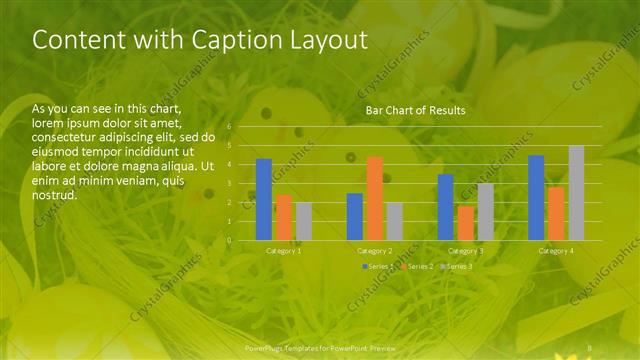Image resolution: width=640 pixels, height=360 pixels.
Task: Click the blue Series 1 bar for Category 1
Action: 264,200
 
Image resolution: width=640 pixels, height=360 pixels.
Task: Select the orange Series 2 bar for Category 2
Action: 375,198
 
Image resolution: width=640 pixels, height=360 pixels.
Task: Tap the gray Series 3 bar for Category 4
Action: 576,193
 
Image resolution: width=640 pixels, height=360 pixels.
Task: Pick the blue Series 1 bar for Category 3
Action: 445,207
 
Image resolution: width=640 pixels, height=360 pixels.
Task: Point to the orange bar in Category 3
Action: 466,223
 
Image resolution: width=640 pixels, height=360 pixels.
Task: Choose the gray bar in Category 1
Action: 304,221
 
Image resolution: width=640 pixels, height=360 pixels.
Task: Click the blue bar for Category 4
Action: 536,198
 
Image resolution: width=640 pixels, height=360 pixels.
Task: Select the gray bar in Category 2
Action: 395,221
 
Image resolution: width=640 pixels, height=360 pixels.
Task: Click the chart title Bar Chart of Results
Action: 415,110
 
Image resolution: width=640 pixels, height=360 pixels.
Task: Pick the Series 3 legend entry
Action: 456,267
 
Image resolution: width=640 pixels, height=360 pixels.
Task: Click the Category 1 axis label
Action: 284,251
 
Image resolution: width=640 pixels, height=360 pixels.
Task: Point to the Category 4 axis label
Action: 557,251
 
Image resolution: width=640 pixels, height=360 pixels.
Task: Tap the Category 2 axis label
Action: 375,251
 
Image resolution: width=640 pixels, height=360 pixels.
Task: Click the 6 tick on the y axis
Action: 229,127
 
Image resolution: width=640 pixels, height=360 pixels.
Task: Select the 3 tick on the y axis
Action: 229,183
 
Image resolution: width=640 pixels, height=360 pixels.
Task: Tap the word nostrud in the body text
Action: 55,195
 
